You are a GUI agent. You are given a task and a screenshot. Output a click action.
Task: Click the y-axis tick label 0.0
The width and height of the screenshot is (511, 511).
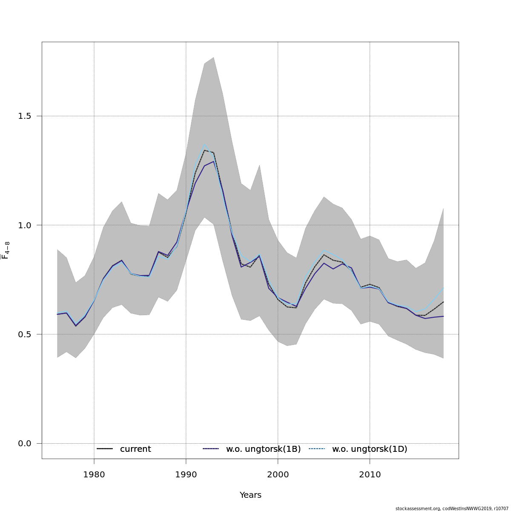(25, 443)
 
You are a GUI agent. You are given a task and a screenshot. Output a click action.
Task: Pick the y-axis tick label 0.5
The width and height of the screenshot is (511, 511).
(25, 334)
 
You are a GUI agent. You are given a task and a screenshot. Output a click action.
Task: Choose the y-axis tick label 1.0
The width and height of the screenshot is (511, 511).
(25, 225)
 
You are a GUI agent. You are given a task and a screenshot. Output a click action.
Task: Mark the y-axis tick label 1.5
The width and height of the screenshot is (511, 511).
(25, 116)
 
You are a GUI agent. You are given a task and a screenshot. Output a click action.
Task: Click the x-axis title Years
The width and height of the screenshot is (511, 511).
(250, 495)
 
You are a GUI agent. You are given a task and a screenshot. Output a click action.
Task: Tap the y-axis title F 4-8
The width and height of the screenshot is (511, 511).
(6, 250)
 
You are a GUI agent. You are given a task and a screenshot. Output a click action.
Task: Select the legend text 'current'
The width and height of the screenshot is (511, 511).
(135, 449)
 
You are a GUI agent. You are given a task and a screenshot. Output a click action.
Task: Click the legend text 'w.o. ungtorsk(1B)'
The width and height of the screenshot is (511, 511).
(263, 449)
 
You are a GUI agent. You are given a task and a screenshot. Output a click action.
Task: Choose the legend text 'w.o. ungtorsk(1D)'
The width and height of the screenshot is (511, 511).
(370, 449)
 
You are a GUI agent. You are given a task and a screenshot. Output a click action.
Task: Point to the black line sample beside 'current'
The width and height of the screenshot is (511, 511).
(104, 449)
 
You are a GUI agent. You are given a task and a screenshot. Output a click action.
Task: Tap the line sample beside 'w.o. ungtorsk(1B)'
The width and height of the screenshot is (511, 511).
(211, 449)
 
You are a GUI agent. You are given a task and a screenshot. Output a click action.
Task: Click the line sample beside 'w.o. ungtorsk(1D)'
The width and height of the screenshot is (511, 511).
(317, 449)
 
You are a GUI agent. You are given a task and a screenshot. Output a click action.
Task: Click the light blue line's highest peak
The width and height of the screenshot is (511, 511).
(204, 144)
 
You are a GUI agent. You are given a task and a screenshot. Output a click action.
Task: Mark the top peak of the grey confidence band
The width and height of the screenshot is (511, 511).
(213, 57)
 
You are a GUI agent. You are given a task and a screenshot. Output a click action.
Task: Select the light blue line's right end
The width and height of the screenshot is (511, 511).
(443, 288)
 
